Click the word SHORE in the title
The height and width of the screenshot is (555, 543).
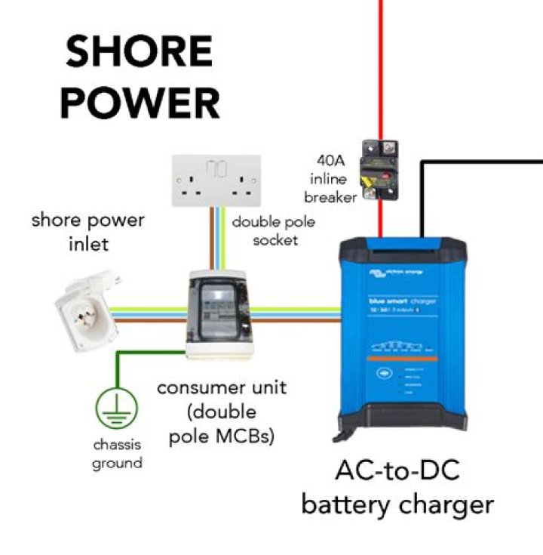point(139,52)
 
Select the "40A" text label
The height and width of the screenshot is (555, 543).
point(330,160)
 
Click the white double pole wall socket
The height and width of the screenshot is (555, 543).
point(216,181)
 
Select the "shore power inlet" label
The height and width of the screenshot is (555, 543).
point(87,232)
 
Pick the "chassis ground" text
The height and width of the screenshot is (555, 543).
point(117,454)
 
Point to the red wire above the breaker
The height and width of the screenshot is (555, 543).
point(381,68)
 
